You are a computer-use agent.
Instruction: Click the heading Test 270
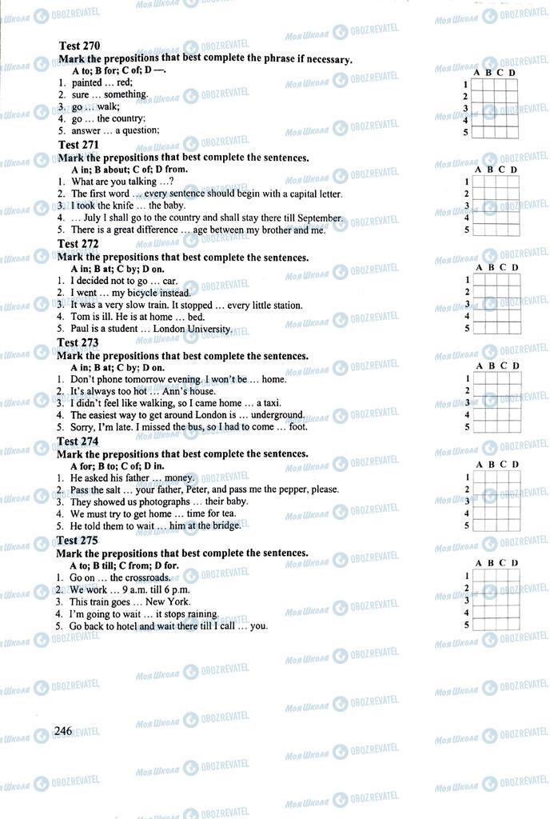pos(79,46)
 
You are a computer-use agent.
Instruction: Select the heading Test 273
pos(78,342)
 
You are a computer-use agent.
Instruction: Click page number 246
pos(64,731)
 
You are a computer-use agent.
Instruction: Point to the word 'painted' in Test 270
pos(86,82)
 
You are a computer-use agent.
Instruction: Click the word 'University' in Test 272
pos(210,329)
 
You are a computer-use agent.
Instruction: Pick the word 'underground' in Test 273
pos(277,415)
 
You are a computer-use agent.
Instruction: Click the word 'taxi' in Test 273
pos(269,403)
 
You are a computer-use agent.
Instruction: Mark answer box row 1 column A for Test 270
pos(477,84)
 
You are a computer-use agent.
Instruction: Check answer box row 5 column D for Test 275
pos(513,624)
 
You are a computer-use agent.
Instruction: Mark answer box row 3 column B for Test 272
pos(490,304)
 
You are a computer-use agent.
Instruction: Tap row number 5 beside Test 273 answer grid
pos(466,427)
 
